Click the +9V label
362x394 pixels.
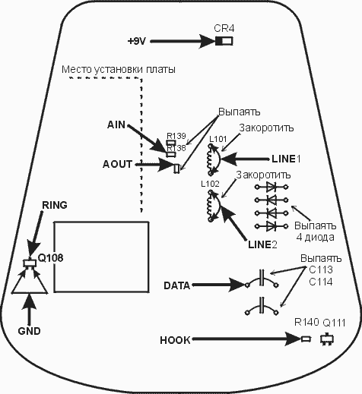point(137,41)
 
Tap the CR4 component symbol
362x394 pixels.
point(224,41)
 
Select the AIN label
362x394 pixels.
point(116,125)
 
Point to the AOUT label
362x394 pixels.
point(117,164)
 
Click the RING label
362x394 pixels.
point(55,205)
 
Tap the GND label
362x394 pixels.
point(29,331)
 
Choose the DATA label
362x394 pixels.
point(177,285)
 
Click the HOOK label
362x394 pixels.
point(175,340)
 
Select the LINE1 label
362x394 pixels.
point(286,159)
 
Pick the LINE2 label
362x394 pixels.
point(262,244)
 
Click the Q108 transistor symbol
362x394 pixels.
point(30,263)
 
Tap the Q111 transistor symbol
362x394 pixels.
point(327,339)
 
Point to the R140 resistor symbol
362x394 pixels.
point(306,339)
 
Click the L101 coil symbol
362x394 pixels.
point(210,159)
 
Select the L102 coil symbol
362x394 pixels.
point(210,206)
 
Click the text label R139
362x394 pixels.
point(176,136)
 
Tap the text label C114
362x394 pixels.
point(321,282)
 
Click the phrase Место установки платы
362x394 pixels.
point(119,69)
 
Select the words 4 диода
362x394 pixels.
point(315,237)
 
